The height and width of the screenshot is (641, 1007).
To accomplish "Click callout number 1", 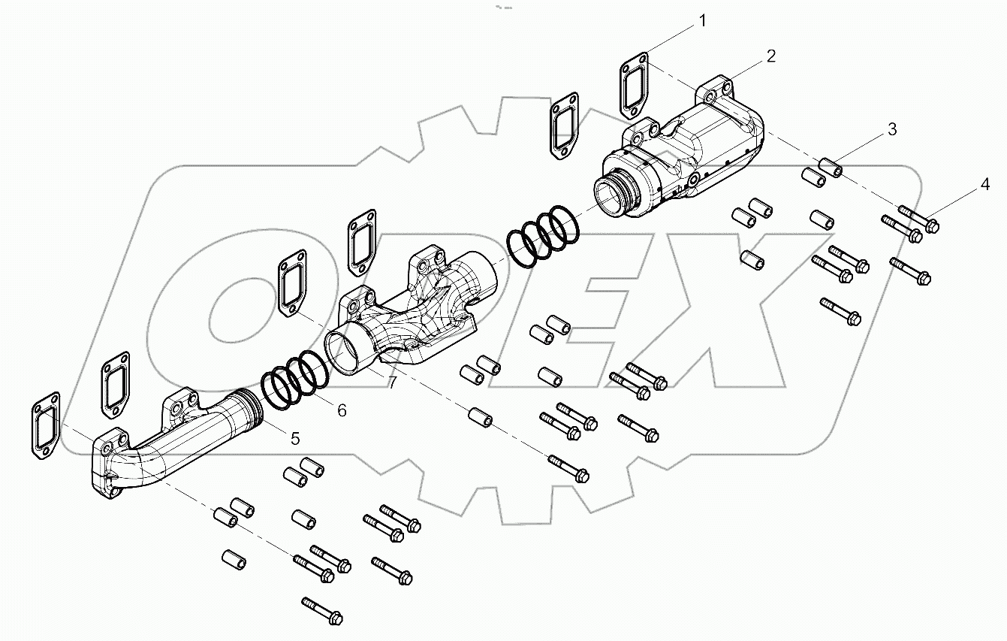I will click(x=702, y=21).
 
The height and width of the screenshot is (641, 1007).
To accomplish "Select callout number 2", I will click(x=770, y=56).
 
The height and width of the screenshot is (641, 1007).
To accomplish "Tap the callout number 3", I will click(x=891, y=129).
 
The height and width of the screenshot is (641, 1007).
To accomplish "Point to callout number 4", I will click(x=984, y=183).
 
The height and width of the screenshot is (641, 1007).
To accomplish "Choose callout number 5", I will click(x=295, y=437).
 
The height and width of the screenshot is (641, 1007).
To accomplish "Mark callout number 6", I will click(x=342, y=410).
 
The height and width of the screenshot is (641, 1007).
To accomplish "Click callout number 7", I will click(x=391, y=383).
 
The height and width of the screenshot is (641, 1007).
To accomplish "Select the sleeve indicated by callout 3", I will click(x=829, y=166).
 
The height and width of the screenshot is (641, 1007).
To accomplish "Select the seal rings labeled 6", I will click(x=294, y=380).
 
